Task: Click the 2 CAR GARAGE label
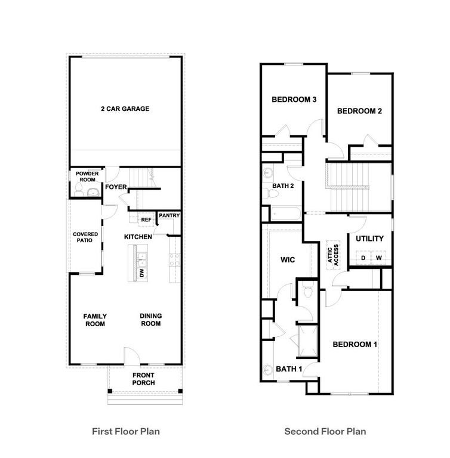pyautogui.click(x=125, y=109)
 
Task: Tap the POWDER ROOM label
pyautogui.click(x=87, y=177)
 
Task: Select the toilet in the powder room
pyautogui.click(x=78, y=190)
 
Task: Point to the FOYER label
pyautogui.click(x=116, y=187)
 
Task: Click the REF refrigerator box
pyautogui.click(x=146, y=219)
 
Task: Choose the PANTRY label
pyautogui.click(x=169, y=215)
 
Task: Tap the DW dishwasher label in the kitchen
pyautogui.click(x=142, y=273)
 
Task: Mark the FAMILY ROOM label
pyautogui.click(x=94, y=320)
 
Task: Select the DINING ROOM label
pyautogui.click(x=151, y=320)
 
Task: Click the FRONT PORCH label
pyautogui.click(x=143, y=379)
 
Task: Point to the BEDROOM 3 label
pyautogui.click(x=294, y=100)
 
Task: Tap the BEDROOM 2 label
pyautogui.click(x=359, y=111)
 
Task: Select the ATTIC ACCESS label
pyautogui.click(x=332, y=255)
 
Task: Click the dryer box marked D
pyautogui.click(x=363, y=258)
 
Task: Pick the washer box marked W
pyautogui.click(x=379, y=258)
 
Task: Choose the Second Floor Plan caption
pyautogui.click(x=325, y=431)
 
